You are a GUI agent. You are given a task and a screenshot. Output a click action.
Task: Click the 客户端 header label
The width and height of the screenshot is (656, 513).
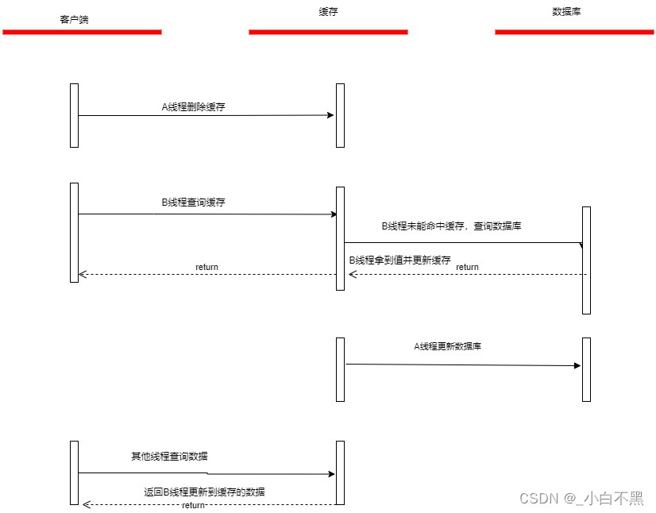[x=74, y=19]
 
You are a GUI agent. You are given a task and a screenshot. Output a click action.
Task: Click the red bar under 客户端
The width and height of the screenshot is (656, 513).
[x=82, y=32]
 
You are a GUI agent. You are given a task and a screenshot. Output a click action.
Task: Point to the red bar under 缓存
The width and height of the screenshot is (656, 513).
[x=328, y=32]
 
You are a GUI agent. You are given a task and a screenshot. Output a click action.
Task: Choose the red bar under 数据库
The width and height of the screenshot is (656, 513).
[x=574, y=32]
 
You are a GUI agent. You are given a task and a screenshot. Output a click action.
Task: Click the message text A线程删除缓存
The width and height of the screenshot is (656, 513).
[x=193, y=106]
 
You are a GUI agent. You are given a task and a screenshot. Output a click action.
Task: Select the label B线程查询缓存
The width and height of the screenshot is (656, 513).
[x=193, y=202]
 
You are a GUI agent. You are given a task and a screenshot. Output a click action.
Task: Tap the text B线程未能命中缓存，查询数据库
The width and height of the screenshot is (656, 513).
[x=451, y=226]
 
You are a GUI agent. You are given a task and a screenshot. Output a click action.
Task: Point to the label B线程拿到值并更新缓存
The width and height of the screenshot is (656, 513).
[x=399, y=260]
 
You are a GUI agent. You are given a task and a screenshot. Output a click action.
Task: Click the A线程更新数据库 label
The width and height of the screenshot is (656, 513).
[x=447, y=346]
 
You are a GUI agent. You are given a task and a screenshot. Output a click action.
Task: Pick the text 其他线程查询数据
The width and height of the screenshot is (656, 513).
[x=170, y=457]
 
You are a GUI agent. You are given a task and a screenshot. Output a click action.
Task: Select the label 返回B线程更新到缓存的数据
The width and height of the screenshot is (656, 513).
[x=204, y=492]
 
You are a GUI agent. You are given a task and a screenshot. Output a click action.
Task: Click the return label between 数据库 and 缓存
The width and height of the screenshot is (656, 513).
[x=467, y=268]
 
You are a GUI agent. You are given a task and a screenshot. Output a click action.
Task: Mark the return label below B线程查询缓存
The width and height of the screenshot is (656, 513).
[x=206, y=267]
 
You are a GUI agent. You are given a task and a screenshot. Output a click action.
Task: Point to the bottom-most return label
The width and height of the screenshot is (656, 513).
[x=193, y=506]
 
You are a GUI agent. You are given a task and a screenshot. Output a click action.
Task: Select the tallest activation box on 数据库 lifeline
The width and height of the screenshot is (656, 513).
[x=586, y=260]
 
